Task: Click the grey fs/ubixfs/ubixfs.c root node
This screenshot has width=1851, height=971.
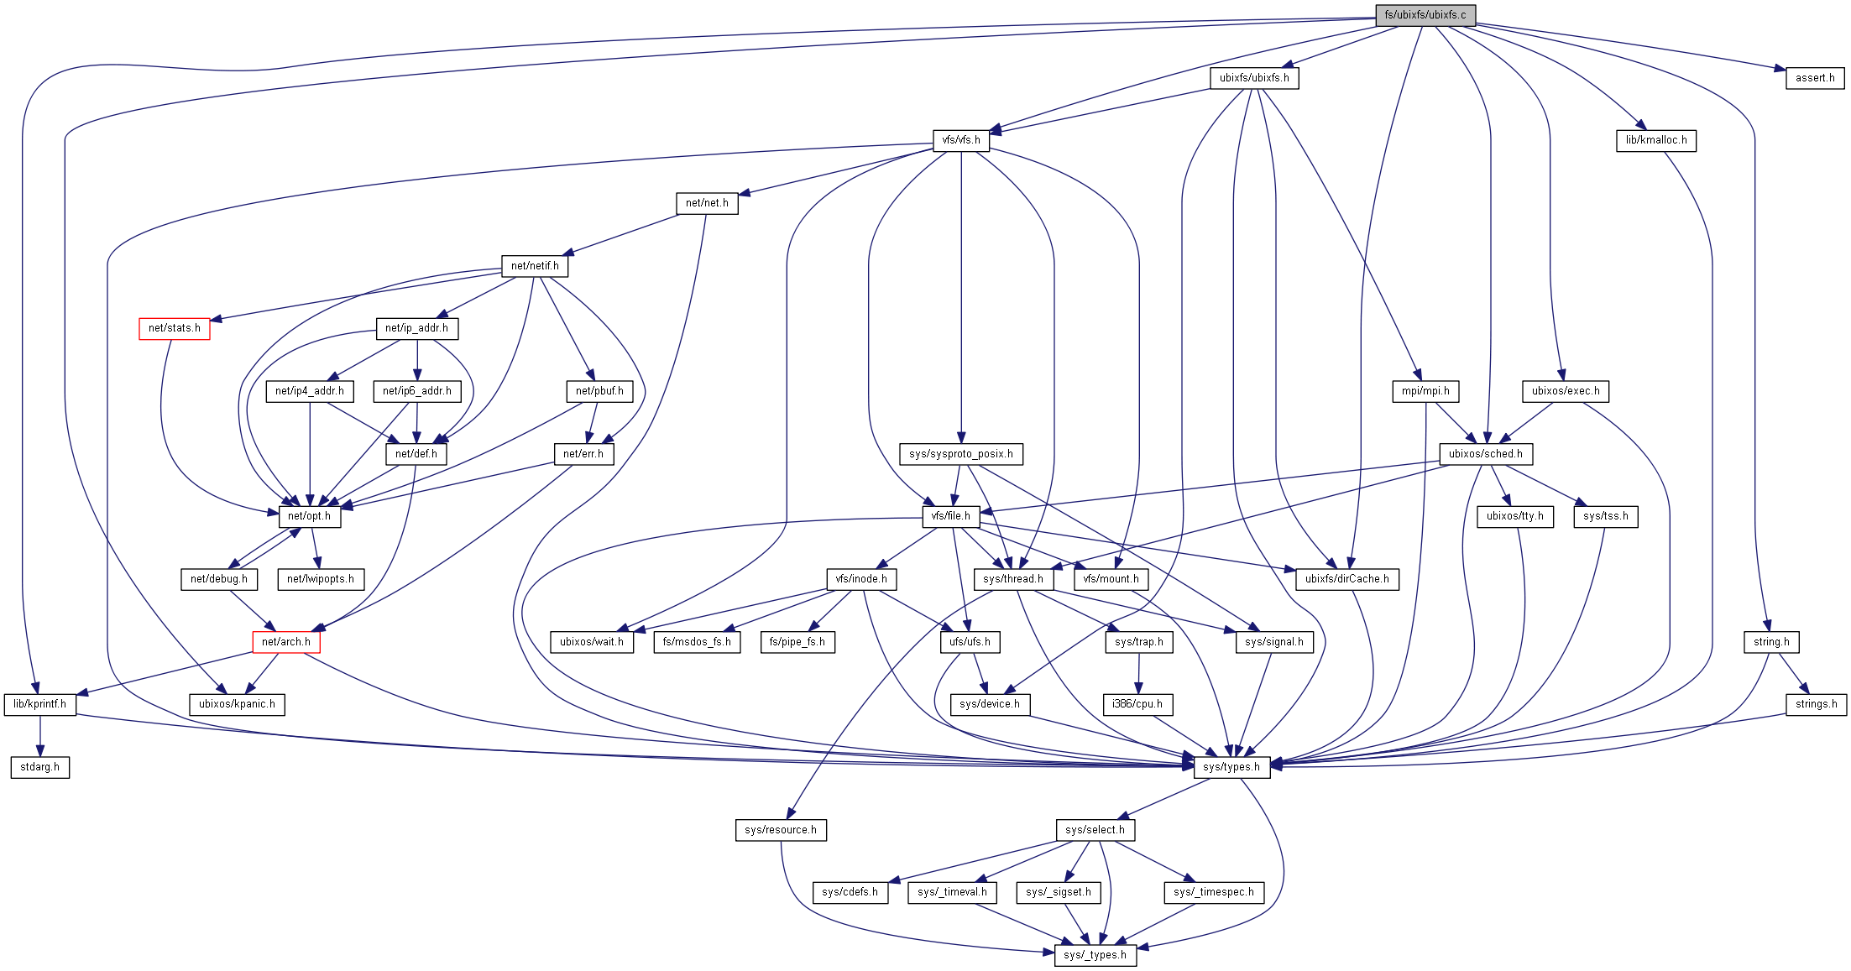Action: [x=1425, y=15]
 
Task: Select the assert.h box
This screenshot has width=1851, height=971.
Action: [x=1814, y=78]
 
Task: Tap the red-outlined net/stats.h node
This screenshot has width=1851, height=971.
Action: [x=175, y=328]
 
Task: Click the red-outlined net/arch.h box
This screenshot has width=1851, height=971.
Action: [x=286, y=642]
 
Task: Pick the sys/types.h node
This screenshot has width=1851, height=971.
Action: [x=1231, y=767]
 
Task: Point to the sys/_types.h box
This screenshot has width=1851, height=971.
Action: [x=1095, y=955]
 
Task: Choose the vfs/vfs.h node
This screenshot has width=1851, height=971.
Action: [x=961, y=140]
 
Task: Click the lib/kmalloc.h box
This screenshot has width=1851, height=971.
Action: [x=1655, y=140]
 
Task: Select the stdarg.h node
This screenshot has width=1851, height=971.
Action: [x=40, y=767]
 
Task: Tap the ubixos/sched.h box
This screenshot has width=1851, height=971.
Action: [x=1485, y=454]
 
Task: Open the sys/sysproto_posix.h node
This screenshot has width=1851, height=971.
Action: [x=960, y=454]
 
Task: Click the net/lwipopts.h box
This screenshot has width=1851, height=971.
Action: [x=321, y=579]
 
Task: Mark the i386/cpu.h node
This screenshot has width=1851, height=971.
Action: [x=1137, y=704]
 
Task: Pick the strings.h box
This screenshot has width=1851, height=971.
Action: [x=1816, y=704]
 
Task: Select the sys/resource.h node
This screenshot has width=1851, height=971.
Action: [x=780, y=830]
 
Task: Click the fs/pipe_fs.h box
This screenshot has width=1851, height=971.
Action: [x=797, y=642]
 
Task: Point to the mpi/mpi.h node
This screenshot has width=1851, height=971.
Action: [x=1425, y=391]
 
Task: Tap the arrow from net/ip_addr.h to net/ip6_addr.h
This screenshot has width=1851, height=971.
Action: [x=417, y=360]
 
